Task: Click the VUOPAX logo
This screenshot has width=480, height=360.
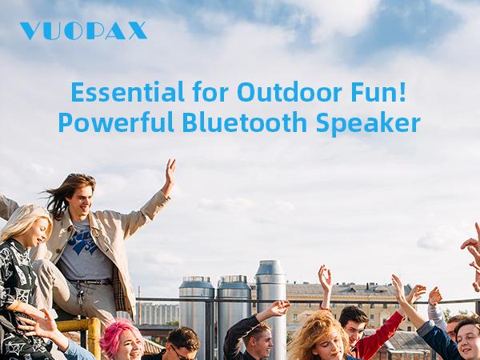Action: [x=83, y=31]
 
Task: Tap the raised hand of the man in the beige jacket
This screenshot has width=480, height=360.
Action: [x=170, y=174]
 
